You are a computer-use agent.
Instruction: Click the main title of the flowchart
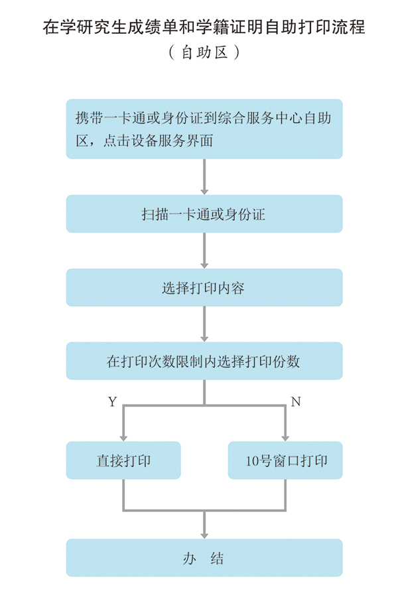point(204,27)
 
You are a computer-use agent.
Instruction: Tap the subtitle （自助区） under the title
point(204,52)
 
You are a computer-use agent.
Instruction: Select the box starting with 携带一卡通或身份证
point(204,129)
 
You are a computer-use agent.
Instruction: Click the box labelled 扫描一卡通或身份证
point(204,214)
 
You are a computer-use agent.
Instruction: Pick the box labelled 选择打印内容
point(204,287)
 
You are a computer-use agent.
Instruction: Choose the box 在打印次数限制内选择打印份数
point(204,361)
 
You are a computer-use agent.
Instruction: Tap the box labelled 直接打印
point(123,460)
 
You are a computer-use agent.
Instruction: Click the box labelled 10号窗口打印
point(285,460)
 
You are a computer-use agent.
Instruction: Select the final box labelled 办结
point(204,558)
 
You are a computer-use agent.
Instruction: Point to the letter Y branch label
point(112,402)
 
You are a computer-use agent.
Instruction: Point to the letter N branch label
point(296,402)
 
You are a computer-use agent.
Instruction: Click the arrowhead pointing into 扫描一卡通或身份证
point(204,191)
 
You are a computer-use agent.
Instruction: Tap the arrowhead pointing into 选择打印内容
point(204,265)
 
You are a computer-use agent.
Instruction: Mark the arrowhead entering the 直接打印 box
point(123,438)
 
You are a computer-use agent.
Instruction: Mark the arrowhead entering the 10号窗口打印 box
point(285,438)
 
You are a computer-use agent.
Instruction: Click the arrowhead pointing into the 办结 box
point(204,535)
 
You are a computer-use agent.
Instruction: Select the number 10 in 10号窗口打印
point(253,461)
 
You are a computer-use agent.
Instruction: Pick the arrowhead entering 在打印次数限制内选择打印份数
point(204,338)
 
